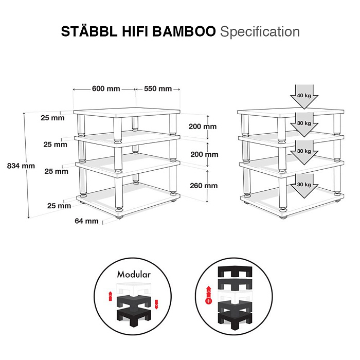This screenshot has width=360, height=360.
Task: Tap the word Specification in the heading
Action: tap(260, 31)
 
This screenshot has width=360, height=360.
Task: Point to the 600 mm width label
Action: tap(106, 88)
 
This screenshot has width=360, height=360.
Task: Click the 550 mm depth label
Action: tap(157, 88)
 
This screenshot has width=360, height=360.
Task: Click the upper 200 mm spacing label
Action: tap(203, 127)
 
